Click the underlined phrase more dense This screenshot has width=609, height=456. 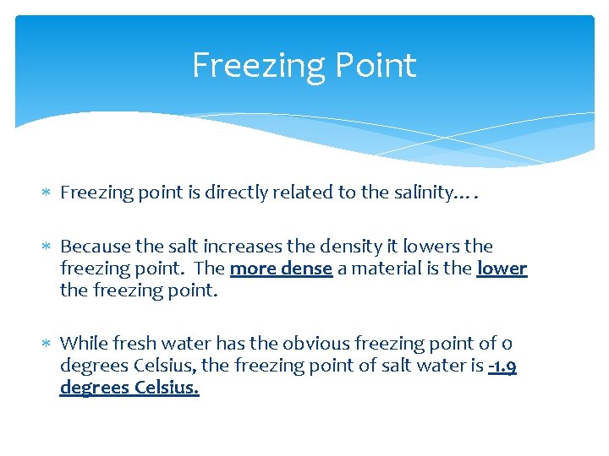point(281,269)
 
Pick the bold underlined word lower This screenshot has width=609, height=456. point(502,269)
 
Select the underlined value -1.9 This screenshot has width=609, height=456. point(502,366)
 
